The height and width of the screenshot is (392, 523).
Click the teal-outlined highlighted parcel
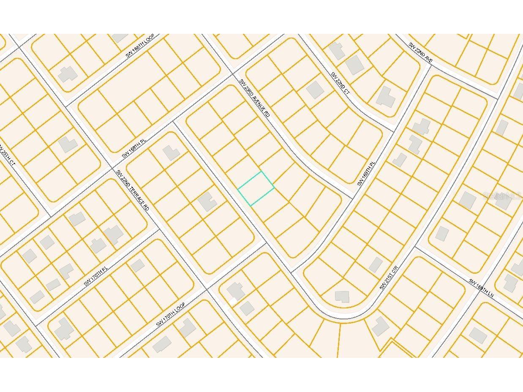[256, 188]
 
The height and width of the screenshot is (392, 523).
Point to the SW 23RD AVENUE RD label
[254, 98]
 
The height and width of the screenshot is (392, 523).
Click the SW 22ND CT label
[340, 83]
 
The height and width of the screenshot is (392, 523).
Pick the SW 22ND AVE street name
[420, 53]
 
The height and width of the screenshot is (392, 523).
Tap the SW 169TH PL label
[366, 173]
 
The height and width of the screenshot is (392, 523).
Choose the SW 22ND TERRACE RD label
[133, 190]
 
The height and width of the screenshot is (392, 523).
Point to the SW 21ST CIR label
[389, 277]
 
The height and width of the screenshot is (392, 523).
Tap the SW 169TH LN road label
[481, 287]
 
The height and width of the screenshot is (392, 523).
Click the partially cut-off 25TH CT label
[7, 155]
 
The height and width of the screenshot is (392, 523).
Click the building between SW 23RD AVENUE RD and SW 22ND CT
[315, 90]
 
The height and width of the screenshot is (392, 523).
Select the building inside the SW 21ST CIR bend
[342, 297]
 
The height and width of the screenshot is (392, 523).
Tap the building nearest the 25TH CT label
[68, 144]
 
